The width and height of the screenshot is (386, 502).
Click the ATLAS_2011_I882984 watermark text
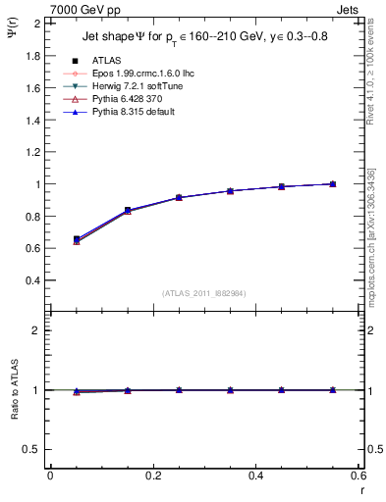(204, 292)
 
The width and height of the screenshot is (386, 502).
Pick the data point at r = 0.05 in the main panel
(77, 239)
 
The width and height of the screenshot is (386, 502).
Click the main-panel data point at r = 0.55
(333, 183)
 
